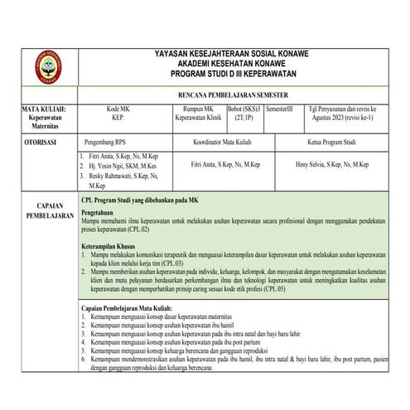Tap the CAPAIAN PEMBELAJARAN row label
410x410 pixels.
pyautogui.click(x=41, y=210)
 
